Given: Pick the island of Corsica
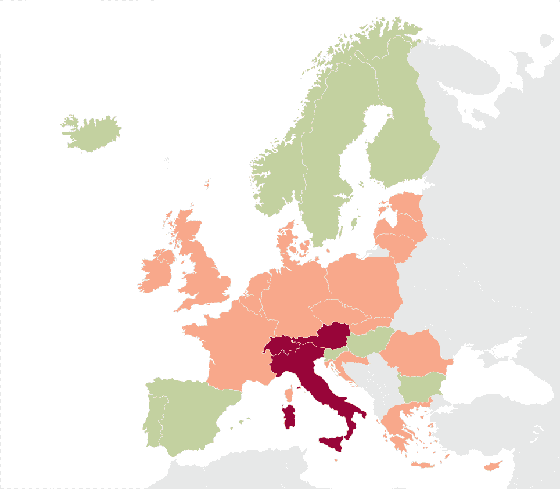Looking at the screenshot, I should [x=289, y=395].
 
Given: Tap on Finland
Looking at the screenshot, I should [x=401, y=139].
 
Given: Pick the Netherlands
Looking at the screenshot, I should [x=259, y=285].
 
